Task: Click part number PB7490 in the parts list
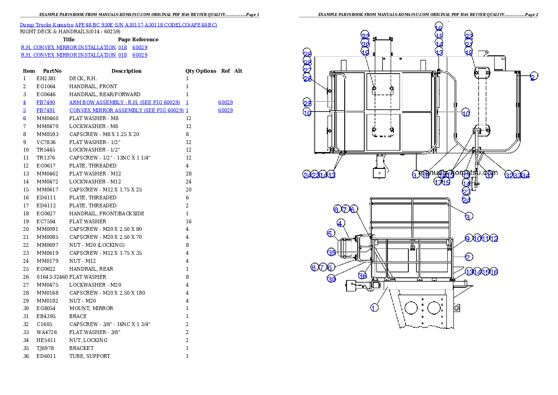pos(46,102)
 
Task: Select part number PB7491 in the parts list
pos(46,110)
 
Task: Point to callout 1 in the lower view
pos(374,308)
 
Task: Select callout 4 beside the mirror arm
pos(341,223)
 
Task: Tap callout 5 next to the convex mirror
pos(331,233)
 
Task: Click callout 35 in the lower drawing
pos(332,252)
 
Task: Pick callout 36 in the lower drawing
pos(362,275)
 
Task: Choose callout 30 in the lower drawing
pos(332,279)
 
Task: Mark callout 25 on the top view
pos(307,103)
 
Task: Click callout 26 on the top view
pos(307,79)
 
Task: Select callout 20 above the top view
pos(365,44)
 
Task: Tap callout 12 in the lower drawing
pos(494,239)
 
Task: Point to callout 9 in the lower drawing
pos(468,238)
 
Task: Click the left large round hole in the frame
pos(411,308)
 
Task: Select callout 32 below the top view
pos(509,175)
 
